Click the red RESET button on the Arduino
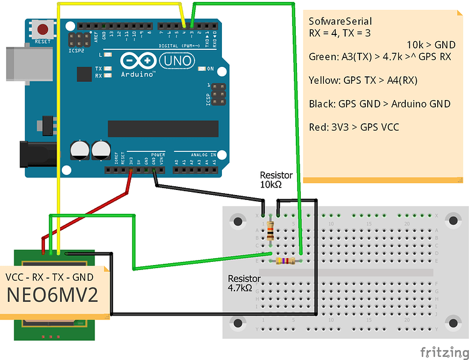click(43, 29)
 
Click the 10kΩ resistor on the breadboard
click(270, 231)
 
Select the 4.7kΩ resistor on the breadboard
click(285, 260)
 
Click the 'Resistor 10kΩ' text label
click(276, 180)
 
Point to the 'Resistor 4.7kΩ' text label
click(244, 283)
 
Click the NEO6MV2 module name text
click(53, 296)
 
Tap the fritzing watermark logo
click(441, 352)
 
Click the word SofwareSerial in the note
click(340, 21)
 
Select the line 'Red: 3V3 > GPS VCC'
click(354, 127)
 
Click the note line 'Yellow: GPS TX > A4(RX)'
click(363, 80)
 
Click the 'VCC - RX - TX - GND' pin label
click(50, 277)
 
